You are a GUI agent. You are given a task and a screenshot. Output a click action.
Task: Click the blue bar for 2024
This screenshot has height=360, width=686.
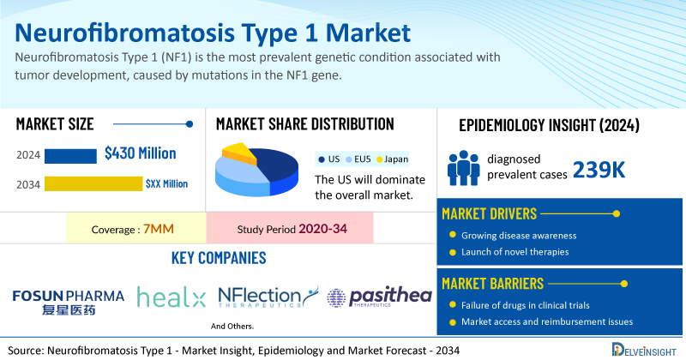click(x=70, y=156)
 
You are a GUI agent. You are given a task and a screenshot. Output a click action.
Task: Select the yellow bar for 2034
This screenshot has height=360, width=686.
click(x=93, y=183)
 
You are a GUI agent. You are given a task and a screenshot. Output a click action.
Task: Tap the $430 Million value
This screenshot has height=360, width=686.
click(x=141, y=153)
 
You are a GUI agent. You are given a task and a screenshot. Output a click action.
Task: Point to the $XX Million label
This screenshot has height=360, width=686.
click(x=166, y=183)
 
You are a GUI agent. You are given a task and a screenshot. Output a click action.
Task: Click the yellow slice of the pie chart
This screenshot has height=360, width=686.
click(x=238, y=153)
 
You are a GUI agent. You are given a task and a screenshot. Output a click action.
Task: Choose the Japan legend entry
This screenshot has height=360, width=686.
click(x=393, y=159)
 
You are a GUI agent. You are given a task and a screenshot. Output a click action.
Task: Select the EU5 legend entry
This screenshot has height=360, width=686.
click(x=358, y=159)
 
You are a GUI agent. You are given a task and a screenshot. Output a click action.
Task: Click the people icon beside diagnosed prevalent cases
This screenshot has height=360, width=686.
click(x=463, y=168)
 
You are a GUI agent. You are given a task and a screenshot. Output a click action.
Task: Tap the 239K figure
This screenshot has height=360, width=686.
click(x=599, y=170)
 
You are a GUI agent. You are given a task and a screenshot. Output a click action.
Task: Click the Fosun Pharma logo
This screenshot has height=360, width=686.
click(x=69, y=302)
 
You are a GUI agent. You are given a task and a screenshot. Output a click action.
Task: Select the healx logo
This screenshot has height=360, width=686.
click(x=171, y=297)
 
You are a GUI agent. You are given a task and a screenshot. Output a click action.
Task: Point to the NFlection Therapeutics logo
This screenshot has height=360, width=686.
click(x=268, y=297)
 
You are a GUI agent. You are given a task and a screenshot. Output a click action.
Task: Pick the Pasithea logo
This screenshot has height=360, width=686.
click(x=379, y=297)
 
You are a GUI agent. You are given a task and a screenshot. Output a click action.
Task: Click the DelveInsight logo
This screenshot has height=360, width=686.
click(x=644, y=350)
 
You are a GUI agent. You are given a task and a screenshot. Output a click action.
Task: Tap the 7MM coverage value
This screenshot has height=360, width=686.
click(x=159, y=229)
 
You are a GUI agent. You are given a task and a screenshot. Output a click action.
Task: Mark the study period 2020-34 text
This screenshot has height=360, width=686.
click(x=323, y=229)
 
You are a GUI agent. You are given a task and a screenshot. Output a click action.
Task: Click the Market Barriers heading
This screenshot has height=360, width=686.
click(x=492, y=284)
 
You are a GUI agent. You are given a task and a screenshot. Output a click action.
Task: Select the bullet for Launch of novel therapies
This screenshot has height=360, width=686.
click(x=453, y=252)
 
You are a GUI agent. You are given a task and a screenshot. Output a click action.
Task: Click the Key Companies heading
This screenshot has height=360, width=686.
click(x=219, y=258)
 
